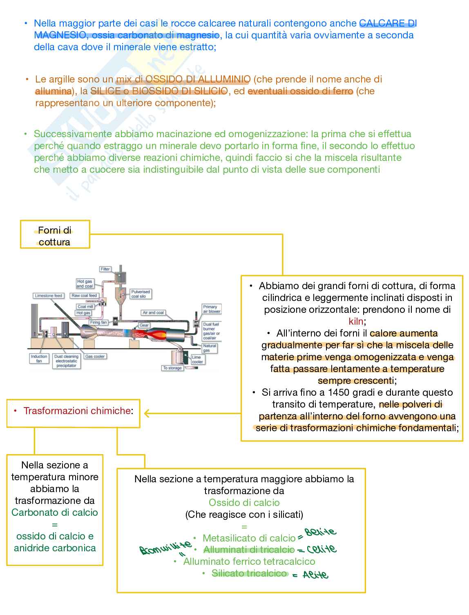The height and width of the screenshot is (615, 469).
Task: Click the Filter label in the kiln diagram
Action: [x=105, y=269]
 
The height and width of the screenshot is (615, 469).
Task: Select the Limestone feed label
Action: [x=49, y=296]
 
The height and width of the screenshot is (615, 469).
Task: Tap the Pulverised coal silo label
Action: [x=141, y=294]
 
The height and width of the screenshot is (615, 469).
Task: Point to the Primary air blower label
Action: [x=212, y=309]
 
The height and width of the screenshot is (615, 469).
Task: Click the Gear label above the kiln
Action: [x=144, y=325]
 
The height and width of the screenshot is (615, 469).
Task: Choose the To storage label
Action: [x=172, y=368]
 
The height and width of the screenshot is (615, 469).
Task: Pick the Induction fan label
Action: [x=39, y=359]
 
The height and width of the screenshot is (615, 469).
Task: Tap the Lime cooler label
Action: [x=197, y=359]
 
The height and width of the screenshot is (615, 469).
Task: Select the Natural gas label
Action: [x=210, y=348]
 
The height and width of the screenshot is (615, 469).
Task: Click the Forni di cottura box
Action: [x=55, y=236]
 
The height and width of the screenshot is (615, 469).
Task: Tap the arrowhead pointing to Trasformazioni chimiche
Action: [x=147, y=414]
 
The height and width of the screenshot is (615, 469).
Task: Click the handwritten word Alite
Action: [x=315, y=575]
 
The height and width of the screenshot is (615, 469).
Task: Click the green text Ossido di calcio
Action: [x=244, y=503]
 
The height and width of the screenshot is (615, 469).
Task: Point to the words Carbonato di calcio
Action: [x=55, y=512]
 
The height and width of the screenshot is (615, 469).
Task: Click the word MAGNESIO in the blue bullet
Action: [x=59, y=35]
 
